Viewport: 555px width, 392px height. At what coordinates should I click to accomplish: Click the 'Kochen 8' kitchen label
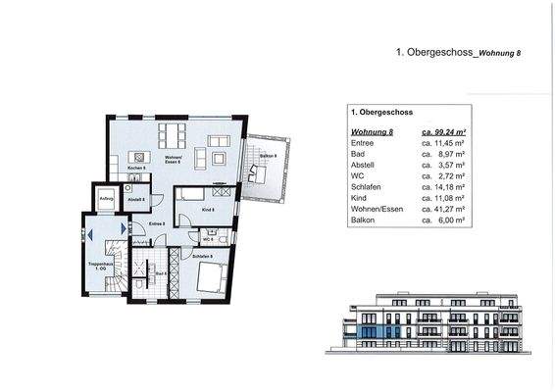pyautogui.click(x=136, y=169)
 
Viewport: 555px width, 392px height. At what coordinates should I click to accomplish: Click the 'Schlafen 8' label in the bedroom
pyautogui.click(x=204, y=256)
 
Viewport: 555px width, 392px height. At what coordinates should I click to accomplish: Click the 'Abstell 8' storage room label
pyautogui.click(x=137, y=200)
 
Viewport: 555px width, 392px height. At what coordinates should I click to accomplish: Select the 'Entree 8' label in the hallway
pyautogui.click(x=154, y=224)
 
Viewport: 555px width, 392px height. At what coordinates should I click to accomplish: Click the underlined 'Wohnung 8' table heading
pyautogui.click(x=371, y=130)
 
